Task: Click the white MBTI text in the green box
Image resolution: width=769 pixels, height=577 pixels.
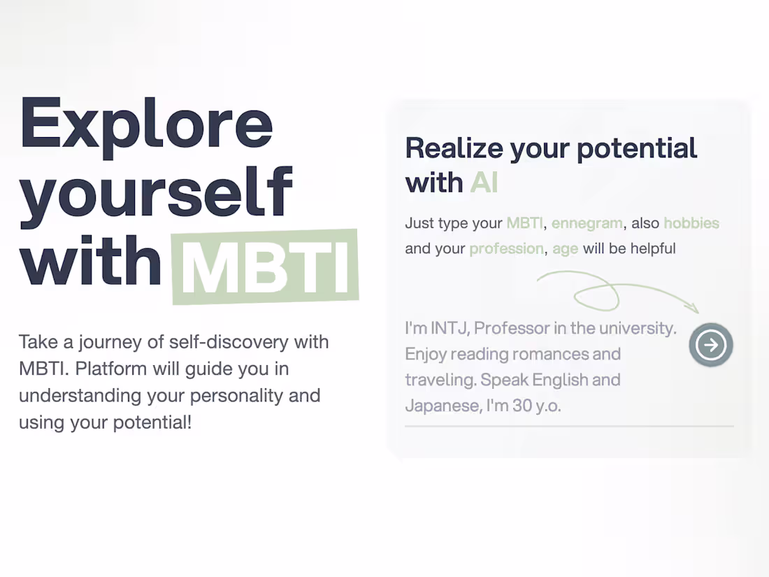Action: [266, 268]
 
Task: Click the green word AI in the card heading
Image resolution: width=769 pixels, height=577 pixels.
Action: [484, 183]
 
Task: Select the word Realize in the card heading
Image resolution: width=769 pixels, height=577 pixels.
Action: [454, 148]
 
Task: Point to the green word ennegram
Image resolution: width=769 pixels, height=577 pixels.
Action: [587, 224]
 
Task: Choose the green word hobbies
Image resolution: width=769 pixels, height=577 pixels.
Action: [691, 224]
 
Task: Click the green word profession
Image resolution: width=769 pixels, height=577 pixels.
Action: [506, 248]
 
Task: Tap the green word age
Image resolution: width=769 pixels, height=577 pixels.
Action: [565, 249]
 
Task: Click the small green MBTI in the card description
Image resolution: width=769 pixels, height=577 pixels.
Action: [524, 224]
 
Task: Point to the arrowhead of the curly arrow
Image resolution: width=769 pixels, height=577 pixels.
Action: [694, 309]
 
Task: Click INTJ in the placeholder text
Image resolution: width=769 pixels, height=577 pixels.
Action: [447, 328]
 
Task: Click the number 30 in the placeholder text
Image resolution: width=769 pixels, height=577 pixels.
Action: [522, 406]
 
